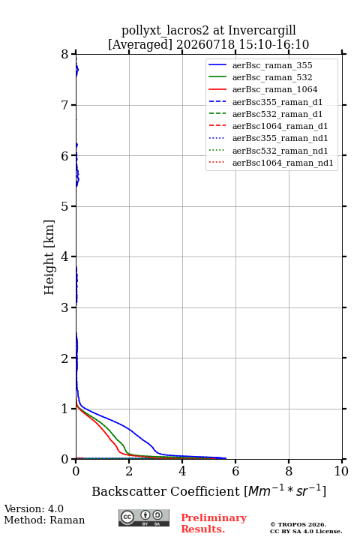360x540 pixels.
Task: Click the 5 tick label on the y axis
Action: click(x=65, y=206)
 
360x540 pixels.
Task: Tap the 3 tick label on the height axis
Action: click(x=65, y=307)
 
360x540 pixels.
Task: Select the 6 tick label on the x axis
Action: click(x=235, y=471)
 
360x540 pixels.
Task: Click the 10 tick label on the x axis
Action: click(x=341, y=471)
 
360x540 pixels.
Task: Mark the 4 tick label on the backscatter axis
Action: click(x=182, y=471)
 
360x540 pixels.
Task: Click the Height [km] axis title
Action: click(x=49, y=257)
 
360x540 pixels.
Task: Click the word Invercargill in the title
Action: click(x=262, y=31)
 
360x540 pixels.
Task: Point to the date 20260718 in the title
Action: click(x=205, y=45)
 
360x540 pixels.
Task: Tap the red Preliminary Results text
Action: click(x=214, y=523)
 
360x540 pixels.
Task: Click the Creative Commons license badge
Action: click(x=144, y=517)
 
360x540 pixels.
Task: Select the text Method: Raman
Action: click(x=44, y=520)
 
